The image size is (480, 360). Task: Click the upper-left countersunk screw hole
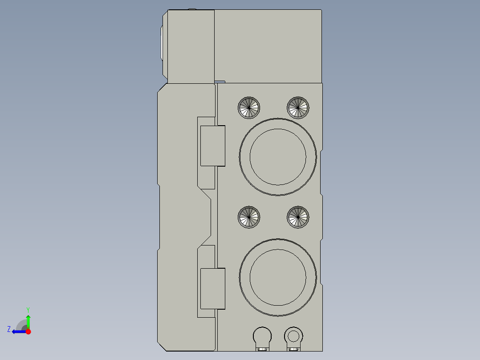(249, 107)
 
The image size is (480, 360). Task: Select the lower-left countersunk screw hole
(249, 217)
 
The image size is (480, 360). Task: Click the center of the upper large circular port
(278, 156)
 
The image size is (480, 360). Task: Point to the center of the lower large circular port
(278, 277)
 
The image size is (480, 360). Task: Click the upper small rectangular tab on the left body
(212, 146)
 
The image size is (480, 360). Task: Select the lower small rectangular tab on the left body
(212, 288)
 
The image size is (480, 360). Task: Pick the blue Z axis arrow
(18, 331)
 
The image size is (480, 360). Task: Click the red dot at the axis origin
(28, 331)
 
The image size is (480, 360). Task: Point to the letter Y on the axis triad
(28, 309)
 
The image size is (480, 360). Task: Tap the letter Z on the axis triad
(9, 329)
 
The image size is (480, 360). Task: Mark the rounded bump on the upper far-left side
(161, 43)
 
